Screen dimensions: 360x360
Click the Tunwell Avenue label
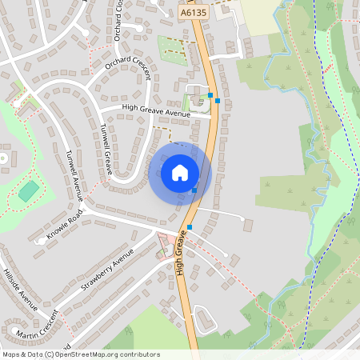pos(74,171)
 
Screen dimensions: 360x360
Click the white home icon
pos(179,173)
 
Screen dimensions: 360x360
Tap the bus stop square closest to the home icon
pos(194,190)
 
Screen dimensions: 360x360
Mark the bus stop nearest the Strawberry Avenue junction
pos(190,227)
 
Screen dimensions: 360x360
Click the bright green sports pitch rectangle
pos(29,191)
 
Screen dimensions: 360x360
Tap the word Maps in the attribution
pos(11,354)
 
